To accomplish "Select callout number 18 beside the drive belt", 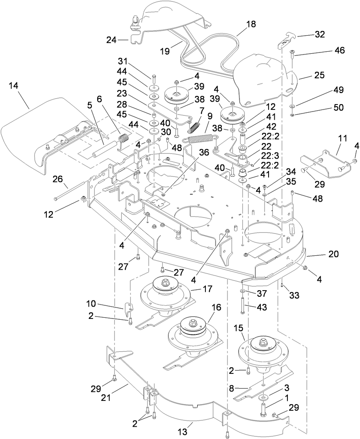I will point(251,24).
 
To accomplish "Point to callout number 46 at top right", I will point(339,50).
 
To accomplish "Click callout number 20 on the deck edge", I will point(333,254).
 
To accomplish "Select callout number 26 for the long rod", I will point(57,179).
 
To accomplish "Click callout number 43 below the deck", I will point(262,307).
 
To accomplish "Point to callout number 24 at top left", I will point(111,40).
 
